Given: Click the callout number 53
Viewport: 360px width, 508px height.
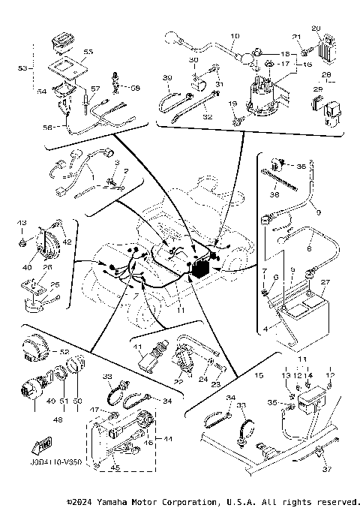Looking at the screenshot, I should (x=22, y=68).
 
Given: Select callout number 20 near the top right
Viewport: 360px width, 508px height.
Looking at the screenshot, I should (x=315, y=29).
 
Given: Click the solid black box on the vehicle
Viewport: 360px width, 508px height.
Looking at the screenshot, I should (x=200, y=269).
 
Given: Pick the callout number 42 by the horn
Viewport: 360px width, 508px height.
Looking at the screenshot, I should (x=67, y=242).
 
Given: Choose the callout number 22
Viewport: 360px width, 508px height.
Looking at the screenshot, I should (x=178, y=382).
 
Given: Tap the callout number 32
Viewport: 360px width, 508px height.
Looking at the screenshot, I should (x=207, y=117).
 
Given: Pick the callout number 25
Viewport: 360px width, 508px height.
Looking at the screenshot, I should (x=52, y=284).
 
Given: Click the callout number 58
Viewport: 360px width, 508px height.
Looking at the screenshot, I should (x=135, y=88).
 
